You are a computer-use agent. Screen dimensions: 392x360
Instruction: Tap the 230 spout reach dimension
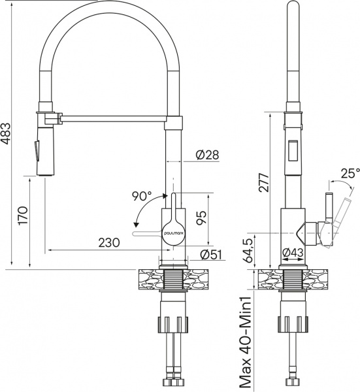(108, 242)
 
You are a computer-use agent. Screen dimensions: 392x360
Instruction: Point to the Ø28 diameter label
(206, 155)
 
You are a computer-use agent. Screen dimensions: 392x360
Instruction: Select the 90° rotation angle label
(141, 195)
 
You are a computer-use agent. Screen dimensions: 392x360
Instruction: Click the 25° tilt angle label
(350, 173)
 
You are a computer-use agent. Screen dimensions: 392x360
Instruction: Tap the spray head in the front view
(41, 150)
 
